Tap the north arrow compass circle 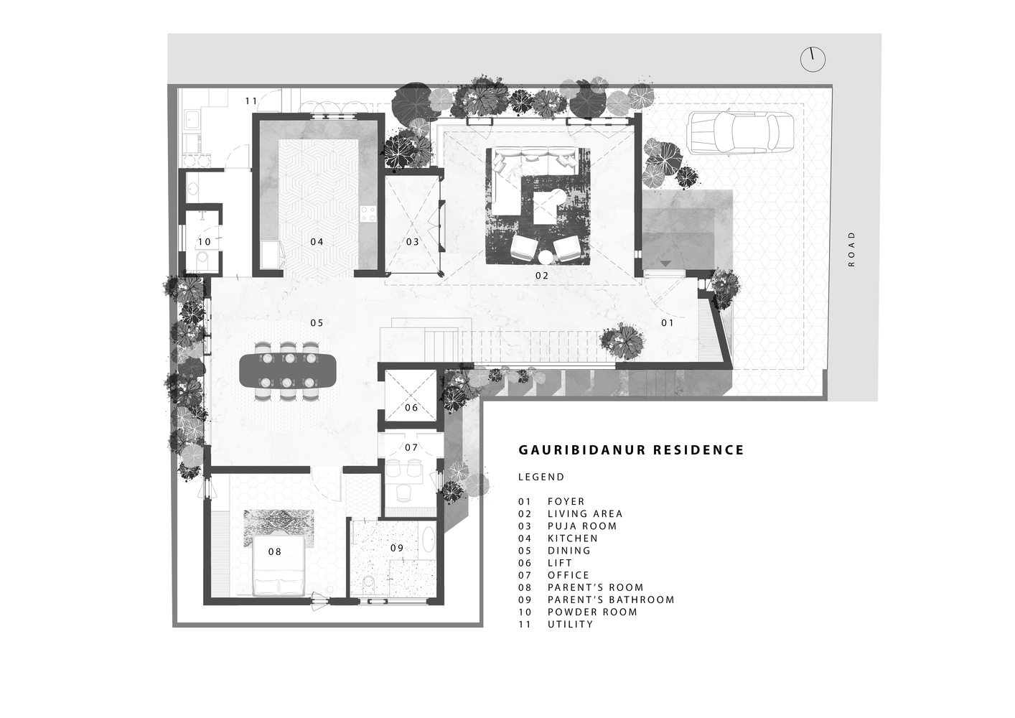click(813, 60)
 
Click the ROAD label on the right click(852, 248)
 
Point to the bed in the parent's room click(279, 559)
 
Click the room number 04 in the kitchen click(317, 242)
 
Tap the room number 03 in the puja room click(412, 242)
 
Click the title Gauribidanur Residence click(631, 450)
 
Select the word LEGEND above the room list click(541, 477)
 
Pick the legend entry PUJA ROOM click(582, 526)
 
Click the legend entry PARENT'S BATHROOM click(611, 600)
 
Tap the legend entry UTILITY click(570, 625)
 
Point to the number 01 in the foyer click(668, 323)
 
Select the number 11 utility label click(251, 101)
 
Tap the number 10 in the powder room click(205, 243)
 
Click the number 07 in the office click(411, 448)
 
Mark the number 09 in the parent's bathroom click(396, 548)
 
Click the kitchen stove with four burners click(368, 213)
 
